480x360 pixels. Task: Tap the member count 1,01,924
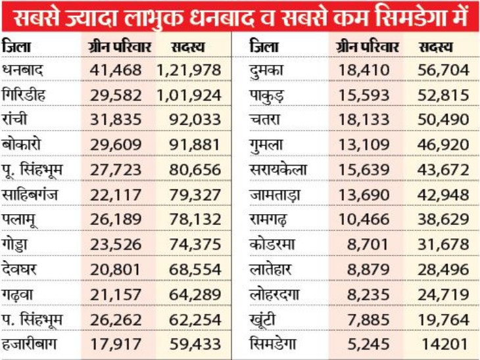[189, 95]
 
